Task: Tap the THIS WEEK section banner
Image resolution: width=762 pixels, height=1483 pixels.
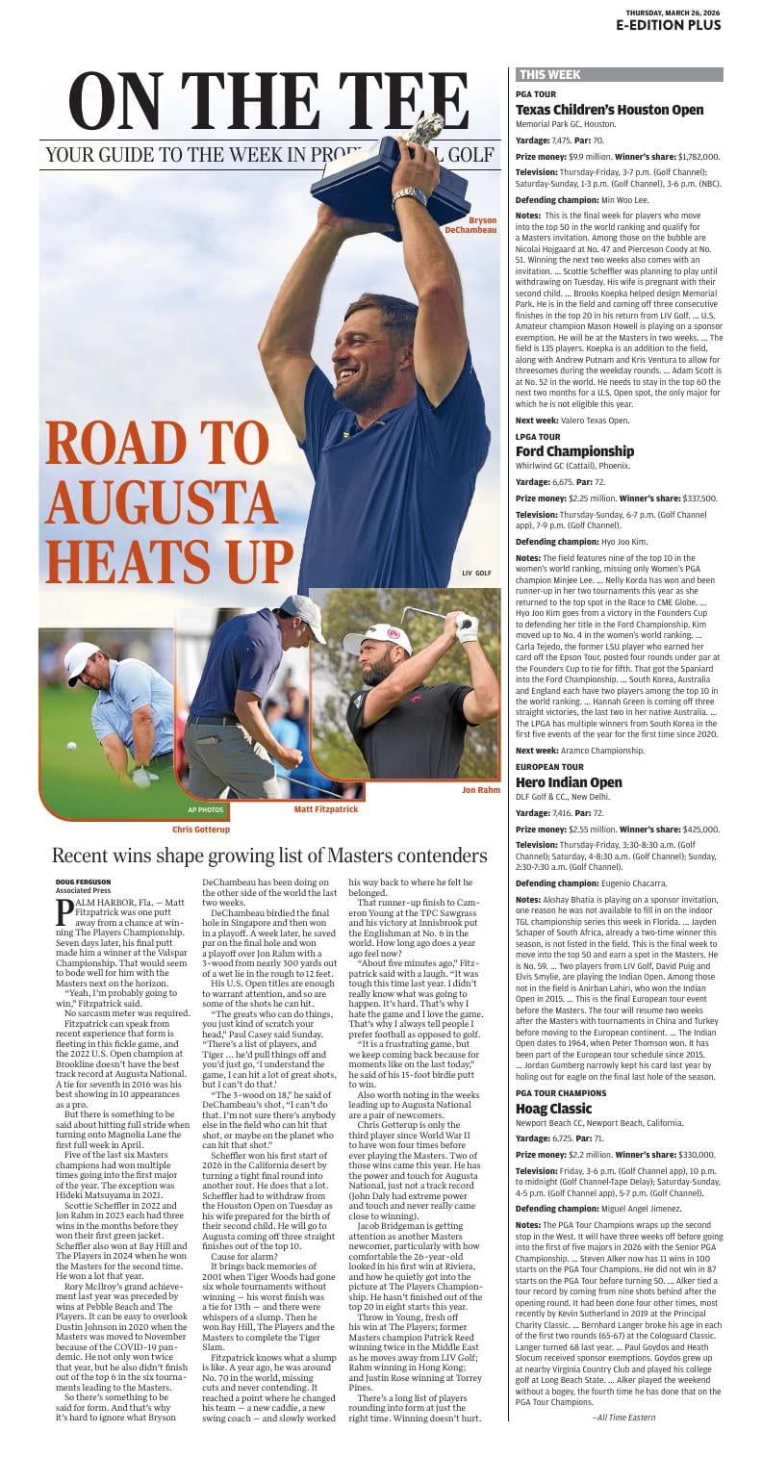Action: click(550, 74)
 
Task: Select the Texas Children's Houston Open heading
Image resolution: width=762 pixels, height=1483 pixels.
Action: click(609, 110)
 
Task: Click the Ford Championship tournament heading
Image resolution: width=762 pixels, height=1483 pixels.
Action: click(574, 451)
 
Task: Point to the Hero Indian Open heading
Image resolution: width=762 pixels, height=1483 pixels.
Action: click(569, 782)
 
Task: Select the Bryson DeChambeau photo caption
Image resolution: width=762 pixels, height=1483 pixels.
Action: click(470, 226)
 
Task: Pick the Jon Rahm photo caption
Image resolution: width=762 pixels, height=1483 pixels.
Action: click(481, 790)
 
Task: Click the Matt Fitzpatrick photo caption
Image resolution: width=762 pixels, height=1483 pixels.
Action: click(325, 809)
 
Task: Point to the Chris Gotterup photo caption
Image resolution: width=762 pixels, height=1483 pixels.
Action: click(201, 829)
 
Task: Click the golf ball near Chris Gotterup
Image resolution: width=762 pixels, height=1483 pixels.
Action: click(72, 745)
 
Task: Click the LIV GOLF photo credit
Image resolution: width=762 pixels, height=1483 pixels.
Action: click(476, 573)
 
